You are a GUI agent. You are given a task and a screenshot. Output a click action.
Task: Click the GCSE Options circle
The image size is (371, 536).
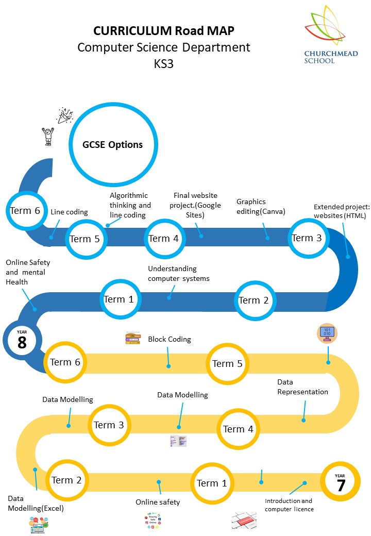point(112,144)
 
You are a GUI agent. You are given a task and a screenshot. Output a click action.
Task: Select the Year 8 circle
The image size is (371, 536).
point(22,340)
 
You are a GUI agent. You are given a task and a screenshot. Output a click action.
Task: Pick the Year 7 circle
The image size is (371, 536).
point(341,483)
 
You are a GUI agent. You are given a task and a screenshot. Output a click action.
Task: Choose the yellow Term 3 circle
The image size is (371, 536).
point(108,425)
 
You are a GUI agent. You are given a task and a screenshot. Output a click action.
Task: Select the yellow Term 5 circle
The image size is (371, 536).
point(227,364)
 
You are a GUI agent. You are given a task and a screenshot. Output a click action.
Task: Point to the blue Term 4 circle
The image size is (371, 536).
point(163,239)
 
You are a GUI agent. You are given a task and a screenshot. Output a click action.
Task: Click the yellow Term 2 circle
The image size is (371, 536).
point(66,480)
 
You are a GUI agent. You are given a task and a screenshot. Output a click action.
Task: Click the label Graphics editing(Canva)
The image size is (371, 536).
point(260,206)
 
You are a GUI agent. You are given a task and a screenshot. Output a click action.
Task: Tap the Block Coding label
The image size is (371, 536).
point(170,339)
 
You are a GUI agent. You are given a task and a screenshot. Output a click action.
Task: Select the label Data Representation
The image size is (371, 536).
point(302,387)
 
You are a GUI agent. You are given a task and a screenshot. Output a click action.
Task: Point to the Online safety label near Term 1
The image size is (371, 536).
point(158,502)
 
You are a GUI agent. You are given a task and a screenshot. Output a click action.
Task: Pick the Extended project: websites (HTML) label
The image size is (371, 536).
point(340,211)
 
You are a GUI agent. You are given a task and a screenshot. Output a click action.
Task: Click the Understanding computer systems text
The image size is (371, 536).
point(178,274)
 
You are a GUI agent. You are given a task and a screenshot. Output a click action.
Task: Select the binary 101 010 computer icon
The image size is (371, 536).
point(327,333)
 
